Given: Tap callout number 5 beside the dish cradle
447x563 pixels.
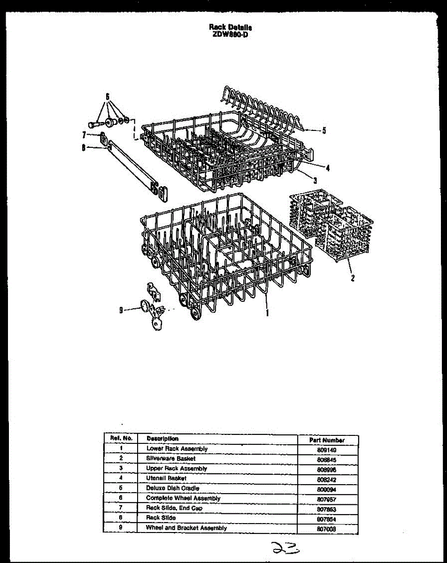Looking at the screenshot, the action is point(324,131).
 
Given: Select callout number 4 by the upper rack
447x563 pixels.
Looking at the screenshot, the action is point(327,167).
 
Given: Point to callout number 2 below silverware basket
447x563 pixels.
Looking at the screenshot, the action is point(352,278).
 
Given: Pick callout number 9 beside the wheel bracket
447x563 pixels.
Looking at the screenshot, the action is point(121,310).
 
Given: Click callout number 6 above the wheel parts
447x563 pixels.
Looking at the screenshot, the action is point(108,97).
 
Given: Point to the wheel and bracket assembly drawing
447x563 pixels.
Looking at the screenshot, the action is point(153,307).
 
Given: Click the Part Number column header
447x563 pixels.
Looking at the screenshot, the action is point(327,440).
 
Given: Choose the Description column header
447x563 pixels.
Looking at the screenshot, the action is point(162,439).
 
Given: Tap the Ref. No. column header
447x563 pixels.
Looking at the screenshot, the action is point(121,438).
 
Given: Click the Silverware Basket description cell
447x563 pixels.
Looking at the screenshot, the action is point(170,458).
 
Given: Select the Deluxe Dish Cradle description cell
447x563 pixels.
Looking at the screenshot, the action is point(172,488).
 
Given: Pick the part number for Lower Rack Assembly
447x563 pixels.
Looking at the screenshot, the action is point(327,449).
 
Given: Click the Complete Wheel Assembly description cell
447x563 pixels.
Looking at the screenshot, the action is point(183,498).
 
